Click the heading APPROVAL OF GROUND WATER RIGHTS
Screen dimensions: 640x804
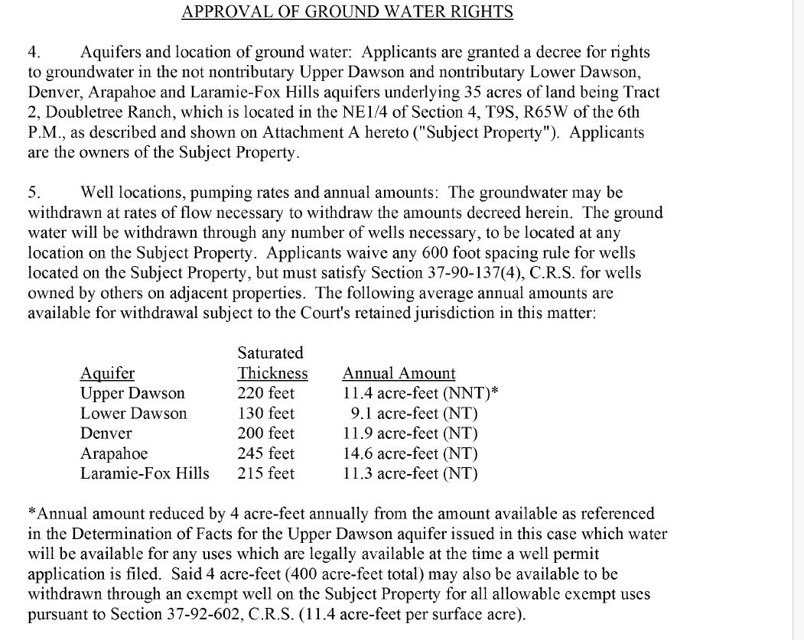(347, 12)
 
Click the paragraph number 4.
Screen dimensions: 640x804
(33, 53)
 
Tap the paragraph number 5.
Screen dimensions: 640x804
(33, 192)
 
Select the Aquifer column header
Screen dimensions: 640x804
(107, 373)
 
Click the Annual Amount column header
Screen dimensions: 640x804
(399, 373)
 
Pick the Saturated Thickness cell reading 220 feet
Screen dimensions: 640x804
(265, 394)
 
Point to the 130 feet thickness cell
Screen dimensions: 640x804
(265, 414)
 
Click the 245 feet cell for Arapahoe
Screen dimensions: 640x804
(265, 453)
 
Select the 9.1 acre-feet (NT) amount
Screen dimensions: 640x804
(414, 414)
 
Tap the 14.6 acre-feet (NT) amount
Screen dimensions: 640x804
(409, 453)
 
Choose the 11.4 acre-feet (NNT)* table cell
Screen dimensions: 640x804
(415, 394)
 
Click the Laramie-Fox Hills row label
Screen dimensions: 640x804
(145, 473)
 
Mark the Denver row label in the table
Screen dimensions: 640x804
(106, 434)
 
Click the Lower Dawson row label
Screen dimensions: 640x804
(133, 414)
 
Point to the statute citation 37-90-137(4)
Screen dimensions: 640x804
(470, 272)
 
